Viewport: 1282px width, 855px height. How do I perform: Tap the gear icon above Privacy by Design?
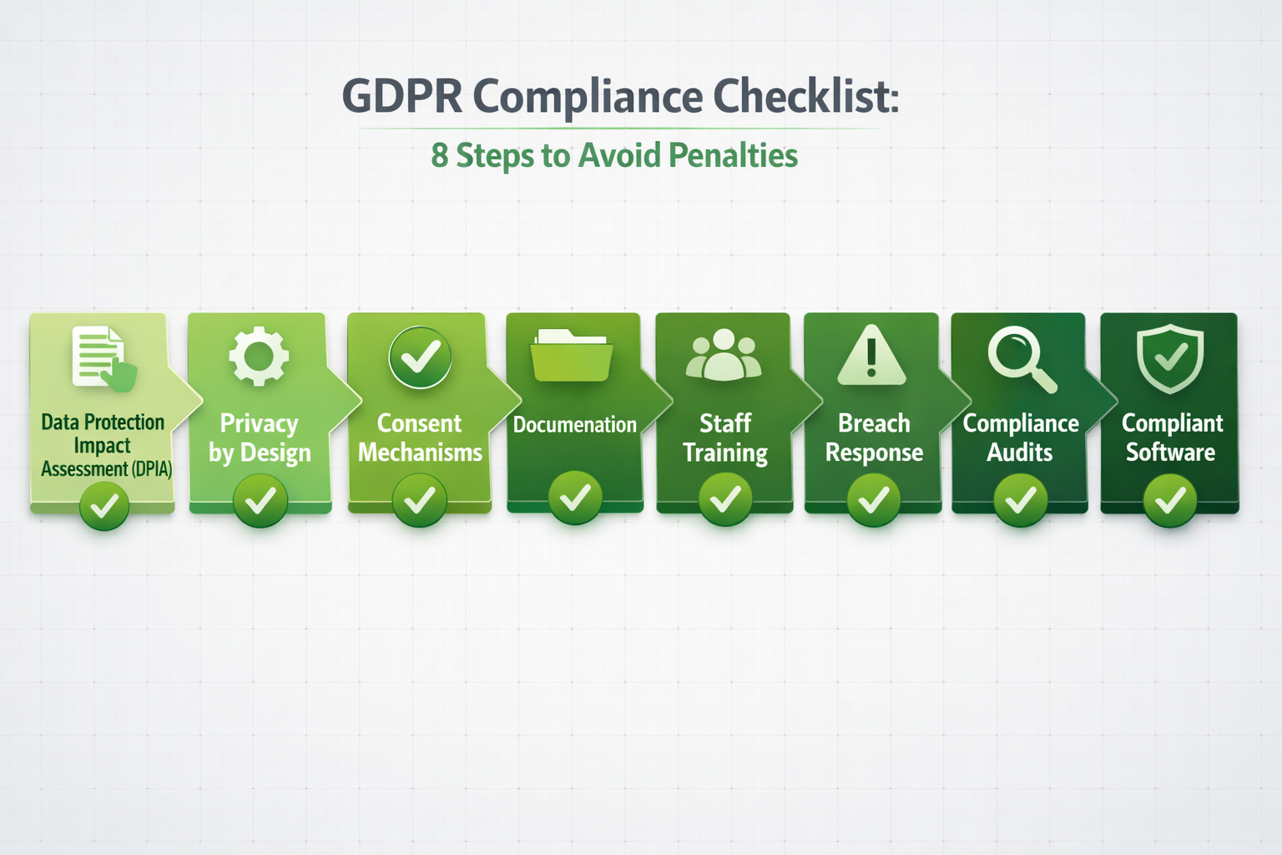[259, 356]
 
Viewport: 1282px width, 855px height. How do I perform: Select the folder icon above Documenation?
[573, 356]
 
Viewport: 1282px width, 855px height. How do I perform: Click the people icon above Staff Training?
[724, 356]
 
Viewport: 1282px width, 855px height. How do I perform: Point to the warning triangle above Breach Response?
[871, 356]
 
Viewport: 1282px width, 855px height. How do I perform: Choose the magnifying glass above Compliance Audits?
[1020, 357]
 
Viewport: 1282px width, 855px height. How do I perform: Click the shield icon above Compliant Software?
[1170, 357]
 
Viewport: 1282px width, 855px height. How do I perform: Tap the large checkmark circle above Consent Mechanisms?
[420, 357]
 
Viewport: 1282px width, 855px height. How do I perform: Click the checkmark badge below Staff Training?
[725, 499]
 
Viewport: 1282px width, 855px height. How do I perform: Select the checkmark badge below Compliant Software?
[1170, 500]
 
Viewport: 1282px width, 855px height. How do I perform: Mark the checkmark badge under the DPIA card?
[104, 505]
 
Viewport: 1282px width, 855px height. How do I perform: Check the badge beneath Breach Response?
[873, 500]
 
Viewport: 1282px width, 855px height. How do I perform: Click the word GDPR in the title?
[401, 96]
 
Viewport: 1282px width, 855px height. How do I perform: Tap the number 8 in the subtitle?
[439, 155]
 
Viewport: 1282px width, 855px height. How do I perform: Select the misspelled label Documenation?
[574, 425]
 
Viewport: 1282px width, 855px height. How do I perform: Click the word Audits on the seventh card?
[1020, 453]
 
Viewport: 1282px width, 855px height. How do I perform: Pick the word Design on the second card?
[275, 453]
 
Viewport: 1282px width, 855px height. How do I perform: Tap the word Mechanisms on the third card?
[420, 453]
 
